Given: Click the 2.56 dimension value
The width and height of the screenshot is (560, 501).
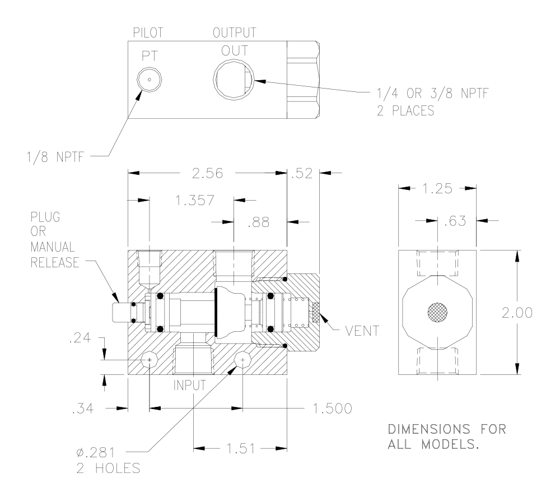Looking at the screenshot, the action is coord(207,173).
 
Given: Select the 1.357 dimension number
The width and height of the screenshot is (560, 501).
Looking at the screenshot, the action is coord(195,200).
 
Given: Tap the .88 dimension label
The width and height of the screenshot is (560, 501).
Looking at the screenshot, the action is coord(258,222).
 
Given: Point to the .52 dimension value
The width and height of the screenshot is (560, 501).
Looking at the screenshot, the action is coord(302,173).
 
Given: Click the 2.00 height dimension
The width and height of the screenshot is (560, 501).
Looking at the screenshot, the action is coord(517,313).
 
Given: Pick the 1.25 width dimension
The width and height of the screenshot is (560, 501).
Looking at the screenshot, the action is coord(437,188).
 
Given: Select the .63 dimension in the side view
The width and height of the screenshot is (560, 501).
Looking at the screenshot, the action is coord(455,221).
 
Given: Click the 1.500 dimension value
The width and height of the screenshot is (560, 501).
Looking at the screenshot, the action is coord(333,408).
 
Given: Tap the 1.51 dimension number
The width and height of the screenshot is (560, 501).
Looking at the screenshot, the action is coord(241,448).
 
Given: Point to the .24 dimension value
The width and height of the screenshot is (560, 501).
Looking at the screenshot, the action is coord(80,338).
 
